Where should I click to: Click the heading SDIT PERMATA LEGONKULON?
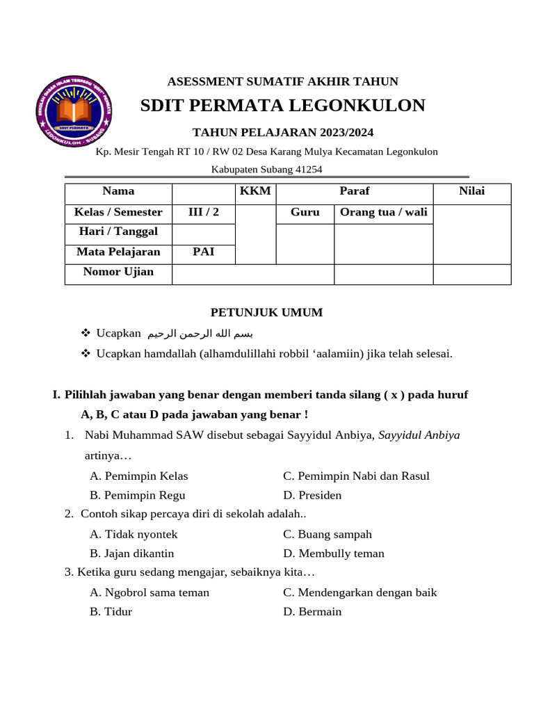coord(282,106)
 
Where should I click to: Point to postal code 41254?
coord(309,169)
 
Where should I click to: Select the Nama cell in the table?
coord(118,191)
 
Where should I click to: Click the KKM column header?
coord(255,191)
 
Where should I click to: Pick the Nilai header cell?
coord(472,191)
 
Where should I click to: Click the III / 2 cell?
coord(204,212)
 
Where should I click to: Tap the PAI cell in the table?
coord(204,252)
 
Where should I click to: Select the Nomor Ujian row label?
coord(118,272)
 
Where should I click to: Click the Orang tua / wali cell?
coord(383,212)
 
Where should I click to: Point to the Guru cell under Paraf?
coord(305,212)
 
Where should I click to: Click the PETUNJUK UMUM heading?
coord(267,313)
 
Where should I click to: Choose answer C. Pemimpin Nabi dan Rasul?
coord(356,476)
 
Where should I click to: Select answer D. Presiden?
coord(312,496)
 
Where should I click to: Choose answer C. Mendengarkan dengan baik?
coord(359,593)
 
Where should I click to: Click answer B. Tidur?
coord(111,613)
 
